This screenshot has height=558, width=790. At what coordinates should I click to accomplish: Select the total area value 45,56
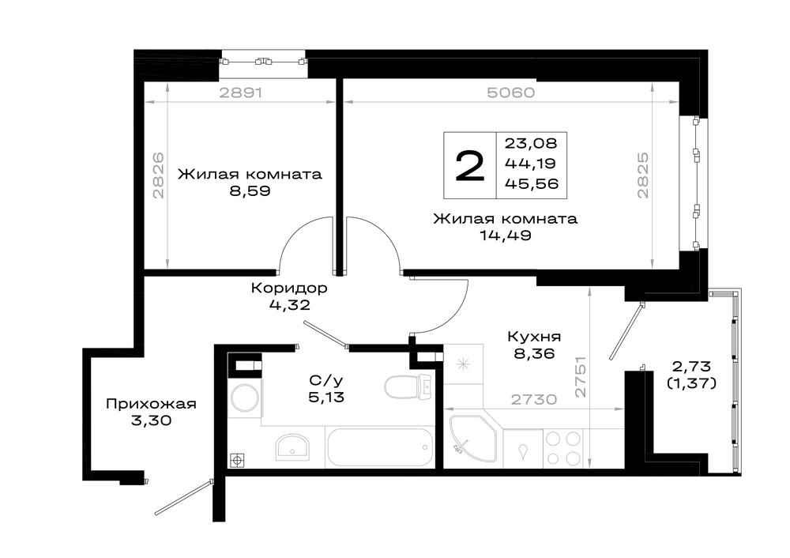point(532,183)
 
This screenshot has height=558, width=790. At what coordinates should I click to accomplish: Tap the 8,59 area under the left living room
point(250,191)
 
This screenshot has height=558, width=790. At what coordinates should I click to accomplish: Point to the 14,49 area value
point(506,236)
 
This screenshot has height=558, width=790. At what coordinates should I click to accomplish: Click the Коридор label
point(289,288)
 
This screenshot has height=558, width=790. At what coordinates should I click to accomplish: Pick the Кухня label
point(534,336)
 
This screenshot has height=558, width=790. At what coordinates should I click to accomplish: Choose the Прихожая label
point(151,404)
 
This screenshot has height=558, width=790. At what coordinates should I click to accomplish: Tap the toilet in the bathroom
point(408,387)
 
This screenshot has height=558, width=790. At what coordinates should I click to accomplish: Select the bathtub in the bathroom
point(380,447)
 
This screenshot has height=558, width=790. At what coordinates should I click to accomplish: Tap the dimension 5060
point(511,92)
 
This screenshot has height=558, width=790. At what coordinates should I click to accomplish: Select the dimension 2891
point(241,92)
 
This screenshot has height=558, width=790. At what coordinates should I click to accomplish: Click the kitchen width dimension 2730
point(533,400)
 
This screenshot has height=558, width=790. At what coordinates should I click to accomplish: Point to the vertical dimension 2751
point(581,376)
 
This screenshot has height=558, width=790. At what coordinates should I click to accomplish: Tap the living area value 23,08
point(531,144)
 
